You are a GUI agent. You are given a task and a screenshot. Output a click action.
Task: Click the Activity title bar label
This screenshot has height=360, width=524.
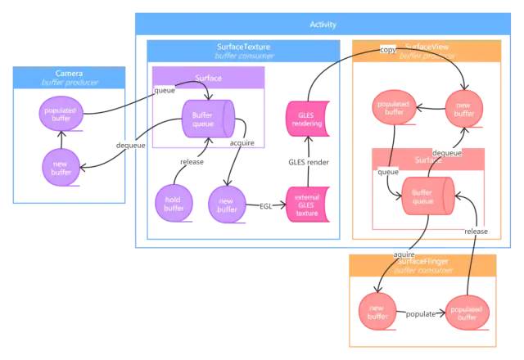323,25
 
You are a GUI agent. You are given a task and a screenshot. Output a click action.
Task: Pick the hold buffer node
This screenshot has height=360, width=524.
174,204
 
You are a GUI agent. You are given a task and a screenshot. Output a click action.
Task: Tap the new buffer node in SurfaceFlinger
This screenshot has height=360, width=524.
377,312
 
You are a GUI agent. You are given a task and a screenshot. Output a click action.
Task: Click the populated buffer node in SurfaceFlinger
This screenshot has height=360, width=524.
467,312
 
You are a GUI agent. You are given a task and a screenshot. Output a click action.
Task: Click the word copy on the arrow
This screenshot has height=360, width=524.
387,50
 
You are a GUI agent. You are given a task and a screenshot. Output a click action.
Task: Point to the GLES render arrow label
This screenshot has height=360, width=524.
308,163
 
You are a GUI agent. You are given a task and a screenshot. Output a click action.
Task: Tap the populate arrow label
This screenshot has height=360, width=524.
421,313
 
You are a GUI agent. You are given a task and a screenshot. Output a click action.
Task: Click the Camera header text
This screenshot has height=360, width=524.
69,74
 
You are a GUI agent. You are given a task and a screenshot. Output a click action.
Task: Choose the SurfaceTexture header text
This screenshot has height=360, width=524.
243,47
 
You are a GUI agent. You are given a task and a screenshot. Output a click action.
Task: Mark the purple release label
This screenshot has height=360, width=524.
192,162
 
